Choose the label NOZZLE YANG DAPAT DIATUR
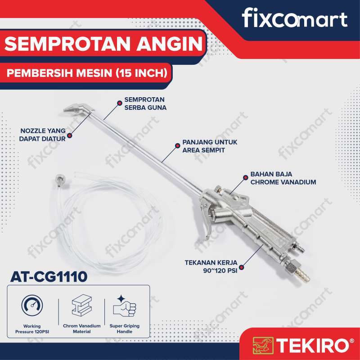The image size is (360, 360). point(43,135)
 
